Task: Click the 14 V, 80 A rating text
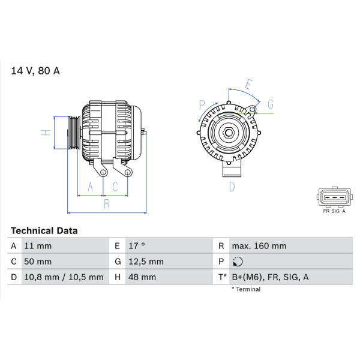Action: [x=35, y=71]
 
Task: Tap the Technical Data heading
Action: [x=44, y=231]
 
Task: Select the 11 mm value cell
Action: [x=38, y=246]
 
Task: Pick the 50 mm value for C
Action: [x=38, y=262]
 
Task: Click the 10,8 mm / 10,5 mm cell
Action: [x=64, y=277]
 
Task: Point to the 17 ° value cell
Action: [x=137, y=246]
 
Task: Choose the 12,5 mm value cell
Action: [x=146, y=262]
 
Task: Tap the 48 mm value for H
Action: [x=142, y=277]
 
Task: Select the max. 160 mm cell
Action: [x=259, y=246]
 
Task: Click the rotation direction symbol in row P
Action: [x=238, y=262]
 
